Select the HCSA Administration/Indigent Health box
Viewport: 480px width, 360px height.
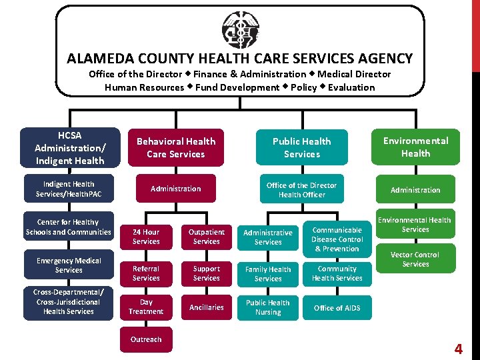click(69, 147)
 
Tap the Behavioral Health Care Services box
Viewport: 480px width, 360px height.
click(176, 147)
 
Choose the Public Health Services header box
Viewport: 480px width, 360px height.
click(301, 147)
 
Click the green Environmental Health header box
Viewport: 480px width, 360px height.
click(415, 147)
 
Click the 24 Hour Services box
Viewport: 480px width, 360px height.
click(146, 237)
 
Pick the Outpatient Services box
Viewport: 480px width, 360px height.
click(206, 237)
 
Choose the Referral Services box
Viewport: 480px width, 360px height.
click(146, 273)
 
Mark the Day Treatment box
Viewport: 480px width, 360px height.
click(146, 307)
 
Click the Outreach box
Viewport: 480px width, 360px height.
click(146, 339)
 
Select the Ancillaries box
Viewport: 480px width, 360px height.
click(206, 307)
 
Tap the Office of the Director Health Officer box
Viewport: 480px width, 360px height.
click(301, 190)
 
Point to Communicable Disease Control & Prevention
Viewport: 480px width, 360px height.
click(337, 239)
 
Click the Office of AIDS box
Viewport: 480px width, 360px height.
click(337, 308)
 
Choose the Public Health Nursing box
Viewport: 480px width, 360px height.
click(268, 307)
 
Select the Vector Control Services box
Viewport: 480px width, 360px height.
click(415, 259)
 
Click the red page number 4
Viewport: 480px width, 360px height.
click(458, 349)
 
